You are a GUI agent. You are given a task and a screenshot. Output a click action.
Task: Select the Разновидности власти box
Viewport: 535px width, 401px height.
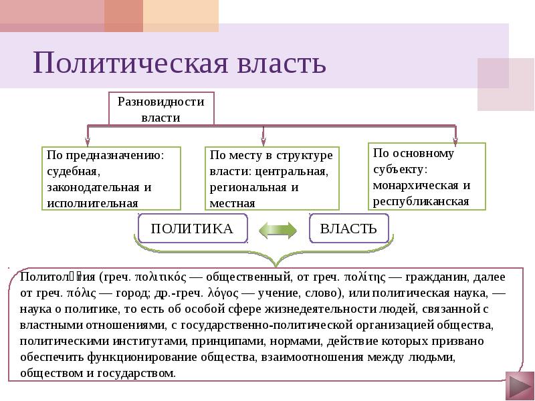161,109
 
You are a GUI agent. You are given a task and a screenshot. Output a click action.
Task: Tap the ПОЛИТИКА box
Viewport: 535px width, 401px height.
192,229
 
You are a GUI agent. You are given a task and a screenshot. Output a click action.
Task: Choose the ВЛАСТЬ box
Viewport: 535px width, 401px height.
348,229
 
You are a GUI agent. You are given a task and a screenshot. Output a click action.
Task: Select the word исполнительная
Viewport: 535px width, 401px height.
92,203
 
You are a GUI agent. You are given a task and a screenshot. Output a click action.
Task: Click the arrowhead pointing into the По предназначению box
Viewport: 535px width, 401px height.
88,140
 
